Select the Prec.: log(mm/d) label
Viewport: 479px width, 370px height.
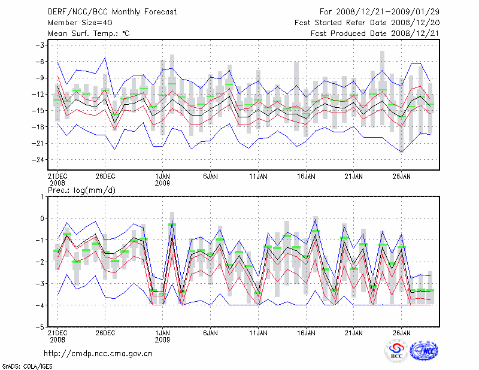pos(82,190)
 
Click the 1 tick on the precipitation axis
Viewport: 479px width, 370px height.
pos(42,196)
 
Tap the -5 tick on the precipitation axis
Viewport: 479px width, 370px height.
pos(40,327)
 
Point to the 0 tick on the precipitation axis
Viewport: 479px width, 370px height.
pos(42,218)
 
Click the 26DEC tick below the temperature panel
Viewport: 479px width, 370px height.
pos(105,177)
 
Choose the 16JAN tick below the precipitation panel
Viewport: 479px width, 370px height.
pos(306,332)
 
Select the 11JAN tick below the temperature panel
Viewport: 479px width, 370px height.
pos(258,177)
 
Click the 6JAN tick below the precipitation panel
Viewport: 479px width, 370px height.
pos(210,332)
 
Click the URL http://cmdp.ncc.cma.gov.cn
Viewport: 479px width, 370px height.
pos(99,353)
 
